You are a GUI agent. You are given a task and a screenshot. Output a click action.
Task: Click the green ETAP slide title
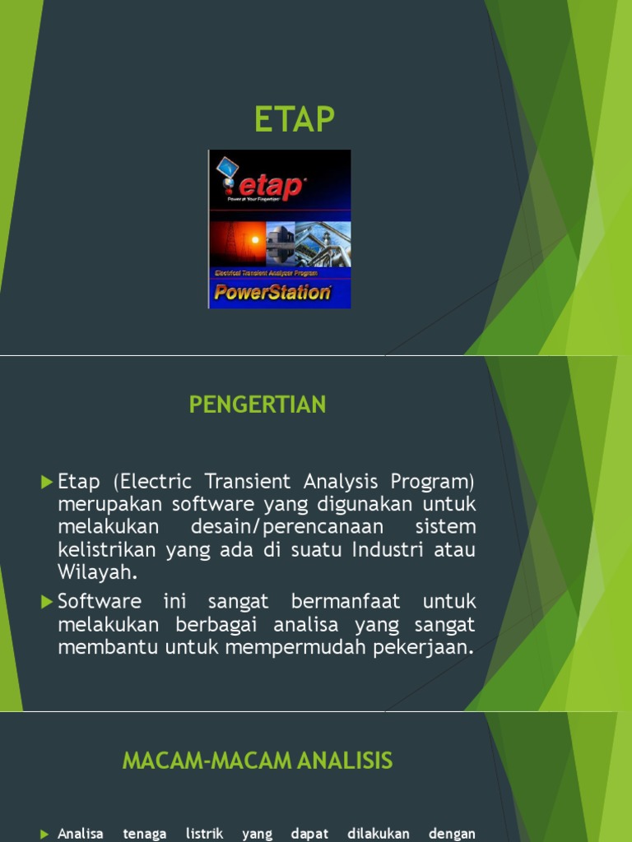295,120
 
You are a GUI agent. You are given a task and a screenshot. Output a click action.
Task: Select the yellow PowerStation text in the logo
272,291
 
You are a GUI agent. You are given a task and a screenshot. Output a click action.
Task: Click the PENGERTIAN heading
258,405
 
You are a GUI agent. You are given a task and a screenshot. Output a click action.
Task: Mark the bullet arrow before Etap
46,481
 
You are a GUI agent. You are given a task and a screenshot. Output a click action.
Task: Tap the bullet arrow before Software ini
46,602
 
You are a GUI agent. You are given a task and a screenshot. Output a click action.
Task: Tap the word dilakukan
379,834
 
